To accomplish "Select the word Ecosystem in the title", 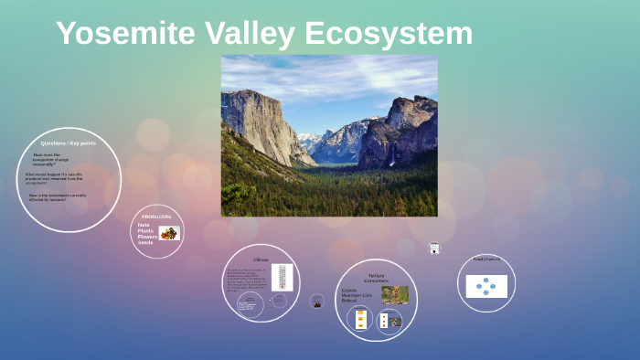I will tap(389, 34).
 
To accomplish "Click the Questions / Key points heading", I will tap(68, 143).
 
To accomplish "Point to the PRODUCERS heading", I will tap(155, 217).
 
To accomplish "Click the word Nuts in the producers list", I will tap(144, 225).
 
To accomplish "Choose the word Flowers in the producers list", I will tap(147, 237).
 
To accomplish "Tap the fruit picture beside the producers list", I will tap(168, 233).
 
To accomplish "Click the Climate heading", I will tap(261, 259).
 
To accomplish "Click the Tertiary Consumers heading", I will tap(376, 277).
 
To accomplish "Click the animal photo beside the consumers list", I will tap(395, 294).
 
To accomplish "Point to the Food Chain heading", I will tap(486, 259).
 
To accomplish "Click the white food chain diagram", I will tap(485, 286).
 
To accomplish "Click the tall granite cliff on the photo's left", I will tap(259, 123).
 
